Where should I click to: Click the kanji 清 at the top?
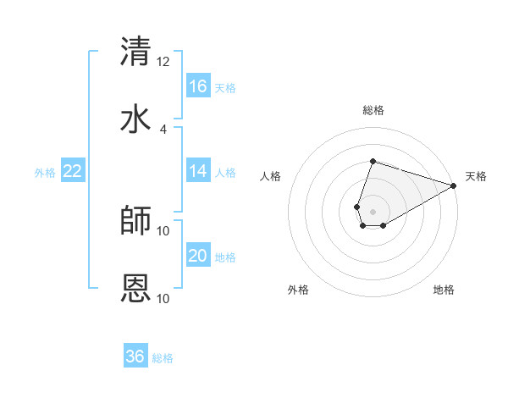(x=136, y=50)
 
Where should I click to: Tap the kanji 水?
(x=136, y=118)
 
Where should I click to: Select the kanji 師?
(x=136, y=219)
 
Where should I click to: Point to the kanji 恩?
(x=136, y=287)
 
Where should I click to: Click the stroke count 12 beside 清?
(x=163, y=61)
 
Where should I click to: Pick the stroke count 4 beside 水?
(x=163, y=129)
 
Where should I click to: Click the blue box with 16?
(x=198, y=86)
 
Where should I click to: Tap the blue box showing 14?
(x=198, y=171)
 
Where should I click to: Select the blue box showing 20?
(x=198, y=256)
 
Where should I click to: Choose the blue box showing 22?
(x=73, y=171)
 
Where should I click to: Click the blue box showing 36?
(x=135, y=357)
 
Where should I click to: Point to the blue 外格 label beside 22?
(x=45, y=173)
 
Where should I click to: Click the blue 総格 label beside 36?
(x=163, y=358)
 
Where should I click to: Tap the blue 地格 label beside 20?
(x=225, y=257)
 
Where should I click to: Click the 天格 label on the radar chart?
(x=476, y=176)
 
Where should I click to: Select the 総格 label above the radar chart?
(x=373, y=110)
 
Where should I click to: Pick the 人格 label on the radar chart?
(x=271, y=176)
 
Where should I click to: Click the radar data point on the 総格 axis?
(x=373, y=161)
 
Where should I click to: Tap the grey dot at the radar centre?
(x=373, y=212)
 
